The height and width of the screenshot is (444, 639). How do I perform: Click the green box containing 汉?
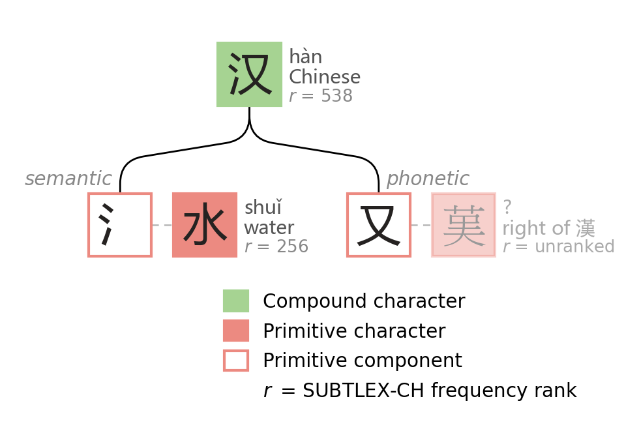[249, 74]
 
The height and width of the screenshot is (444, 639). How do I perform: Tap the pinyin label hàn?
[305, 57]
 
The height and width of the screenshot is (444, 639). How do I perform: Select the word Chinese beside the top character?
[324, 77]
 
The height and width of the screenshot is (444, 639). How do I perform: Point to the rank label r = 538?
[320, 96]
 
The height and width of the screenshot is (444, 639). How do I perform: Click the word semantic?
[68, 179]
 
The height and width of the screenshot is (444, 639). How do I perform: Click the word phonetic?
[428, 179]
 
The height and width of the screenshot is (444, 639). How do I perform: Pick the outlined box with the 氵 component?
[120, 225]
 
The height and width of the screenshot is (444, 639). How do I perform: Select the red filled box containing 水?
[205, 225]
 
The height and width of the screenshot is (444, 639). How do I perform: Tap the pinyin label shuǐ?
[263, 208]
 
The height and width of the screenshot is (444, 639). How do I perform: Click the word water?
[269, 228]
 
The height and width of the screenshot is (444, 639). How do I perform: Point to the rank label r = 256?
[276, 247]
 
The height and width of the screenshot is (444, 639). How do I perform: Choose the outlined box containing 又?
[379, 225]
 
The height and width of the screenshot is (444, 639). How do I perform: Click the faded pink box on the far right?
[464, 225]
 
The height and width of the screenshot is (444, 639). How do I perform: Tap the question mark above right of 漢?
[507, 208]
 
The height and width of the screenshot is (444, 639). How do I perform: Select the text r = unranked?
[558, 247]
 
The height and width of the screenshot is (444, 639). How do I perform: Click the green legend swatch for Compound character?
[236, 301]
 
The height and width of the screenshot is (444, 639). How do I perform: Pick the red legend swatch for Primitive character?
[236, 331]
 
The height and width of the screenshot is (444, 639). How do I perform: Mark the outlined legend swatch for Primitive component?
[236, 361]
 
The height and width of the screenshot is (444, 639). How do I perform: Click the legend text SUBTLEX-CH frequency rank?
[439, 391]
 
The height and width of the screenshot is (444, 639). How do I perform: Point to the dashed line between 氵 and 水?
[162, 225]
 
